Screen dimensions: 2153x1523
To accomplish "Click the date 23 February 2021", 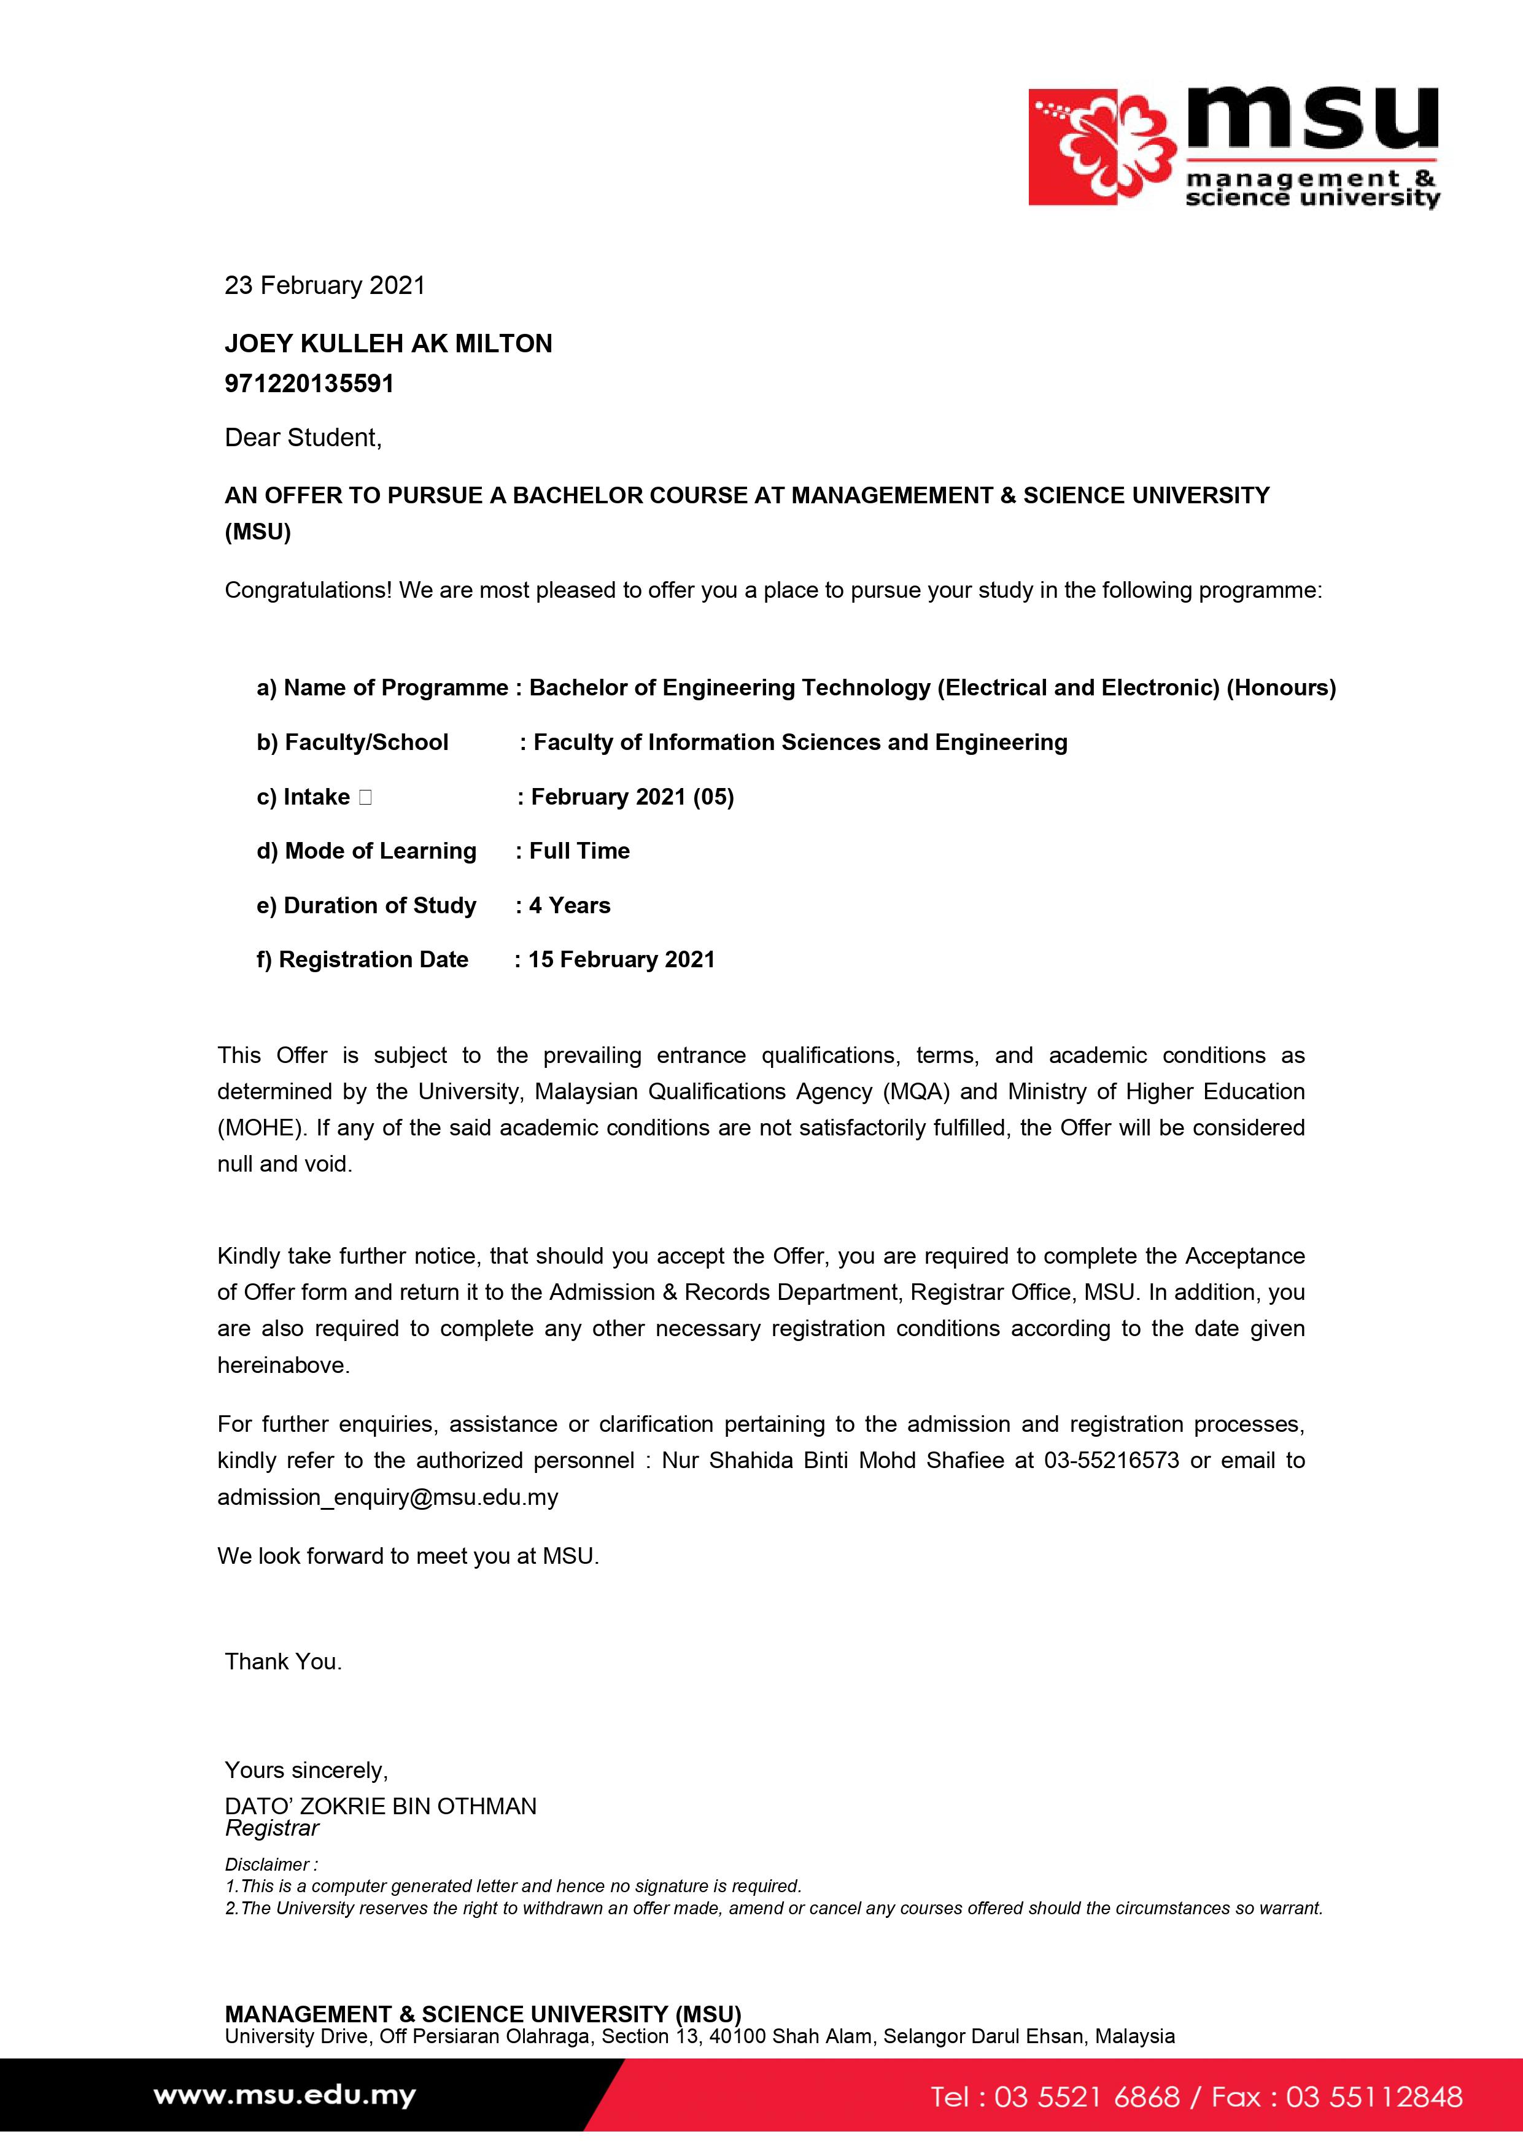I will (x=325, y=285).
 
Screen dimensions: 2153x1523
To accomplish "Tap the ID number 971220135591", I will (x=309, y=384).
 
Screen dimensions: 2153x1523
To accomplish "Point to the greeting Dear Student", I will (x=303, y=438).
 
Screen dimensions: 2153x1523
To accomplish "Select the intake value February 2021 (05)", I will (x=632, y=797).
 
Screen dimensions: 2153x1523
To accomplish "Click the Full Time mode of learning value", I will (x=579, y=851).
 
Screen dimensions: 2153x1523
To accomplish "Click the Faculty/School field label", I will (x=352, y=743).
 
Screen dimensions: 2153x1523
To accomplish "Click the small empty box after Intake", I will (x=365, y=797).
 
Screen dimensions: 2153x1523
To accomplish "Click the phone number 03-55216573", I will (x=1111, y=1460).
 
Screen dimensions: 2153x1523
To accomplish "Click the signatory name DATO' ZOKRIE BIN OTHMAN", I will (x=381, y=1806).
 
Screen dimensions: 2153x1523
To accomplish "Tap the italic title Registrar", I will (x=272, y=1828).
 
